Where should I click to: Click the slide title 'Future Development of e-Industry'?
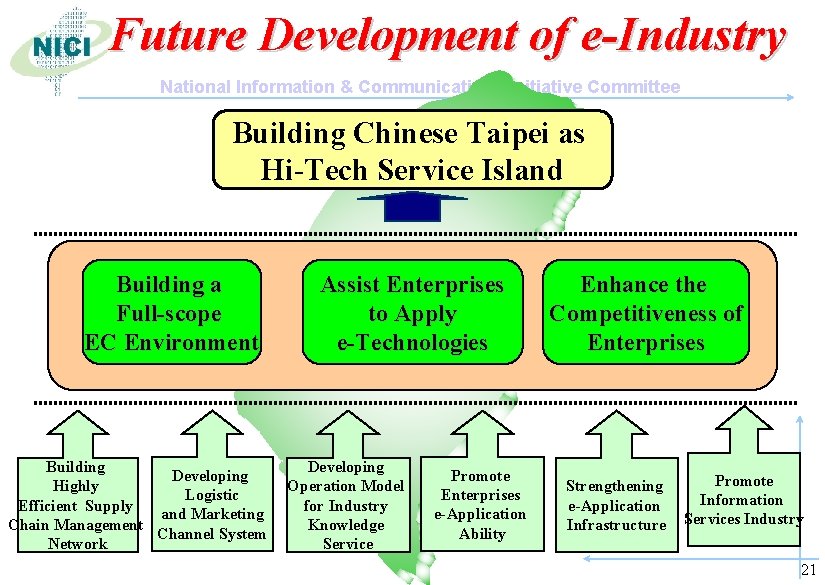tap(448, 38)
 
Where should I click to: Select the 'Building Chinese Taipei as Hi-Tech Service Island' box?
tap(412, 149)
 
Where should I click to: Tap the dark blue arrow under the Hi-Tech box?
tap(412, 205)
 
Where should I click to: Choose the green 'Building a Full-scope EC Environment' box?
tap(171, 313)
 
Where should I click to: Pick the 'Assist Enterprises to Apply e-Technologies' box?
tap(412, 313)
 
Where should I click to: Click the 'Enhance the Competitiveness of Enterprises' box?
tap(646, 313)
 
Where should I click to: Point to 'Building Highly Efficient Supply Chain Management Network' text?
tap(76, 505)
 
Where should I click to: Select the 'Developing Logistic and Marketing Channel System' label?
tap(211, 505)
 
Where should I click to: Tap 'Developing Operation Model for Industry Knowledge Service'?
tap(346, 505)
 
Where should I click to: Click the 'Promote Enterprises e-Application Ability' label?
tap(481, 505)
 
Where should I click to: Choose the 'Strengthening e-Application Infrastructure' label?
tap(616, 505)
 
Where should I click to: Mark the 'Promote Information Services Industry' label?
tap(743, 500)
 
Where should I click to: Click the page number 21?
tap(809, 570)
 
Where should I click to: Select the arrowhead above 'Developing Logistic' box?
tap(211, 422)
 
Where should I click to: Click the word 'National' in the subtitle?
tap(195, 87)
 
